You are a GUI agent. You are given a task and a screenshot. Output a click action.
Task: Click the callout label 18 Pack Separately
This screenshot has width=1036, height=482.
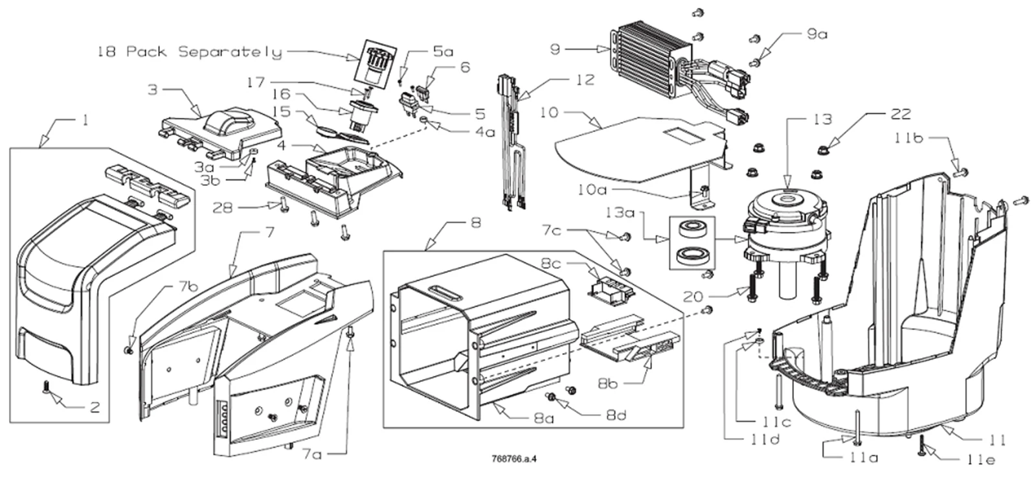tap(190, 51)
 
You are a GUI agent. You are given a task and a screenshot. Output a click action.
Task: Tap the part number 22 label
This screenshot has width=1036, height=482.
tap(900, 114)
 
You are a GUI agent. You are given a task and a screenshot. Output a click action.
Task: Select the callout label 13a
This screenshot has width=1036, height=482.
tap(620, 212)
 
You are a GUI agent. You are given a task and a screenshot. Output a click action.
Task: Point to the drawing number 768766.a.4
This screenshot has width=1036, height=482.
tap(514, 459)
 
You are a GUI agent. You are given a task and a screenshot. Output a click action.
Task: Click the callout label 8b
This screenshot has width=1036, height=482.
tap(607, 384)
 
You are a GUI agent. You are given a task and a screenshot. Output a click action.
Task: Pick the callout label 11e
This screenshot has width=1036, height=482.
tap(980, 459)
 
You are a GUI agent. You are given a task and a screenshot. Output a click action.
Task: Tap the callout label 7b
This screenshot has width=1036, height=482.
tap(188, 286)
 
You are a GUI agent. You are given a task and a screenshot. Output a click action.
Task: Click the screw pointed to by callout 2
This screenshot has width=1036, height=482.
tap(46, 387)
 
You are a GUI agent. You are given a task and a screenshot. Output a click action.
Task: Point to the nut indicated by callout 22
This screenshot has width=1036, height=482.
tap(823, 150)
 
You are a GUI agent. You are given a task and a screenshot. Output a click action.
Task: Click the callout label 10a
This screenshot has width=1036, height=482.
tap(592, 189)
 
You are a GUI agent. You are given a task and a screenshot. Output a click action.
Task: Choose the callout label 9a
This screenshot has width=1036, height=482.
tap(816, 34)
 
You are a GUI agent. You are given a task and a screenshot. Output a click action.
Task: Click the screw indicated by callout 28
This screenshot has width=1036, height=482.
tap(284, 206)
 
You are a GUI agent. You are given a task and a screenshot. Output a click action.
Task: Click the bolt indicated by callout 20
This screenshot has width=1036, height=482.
tap(752, 288)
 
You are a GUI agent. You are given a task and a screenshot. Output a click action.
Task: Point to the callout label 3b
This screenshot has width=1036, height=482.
tap(210, 180)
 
